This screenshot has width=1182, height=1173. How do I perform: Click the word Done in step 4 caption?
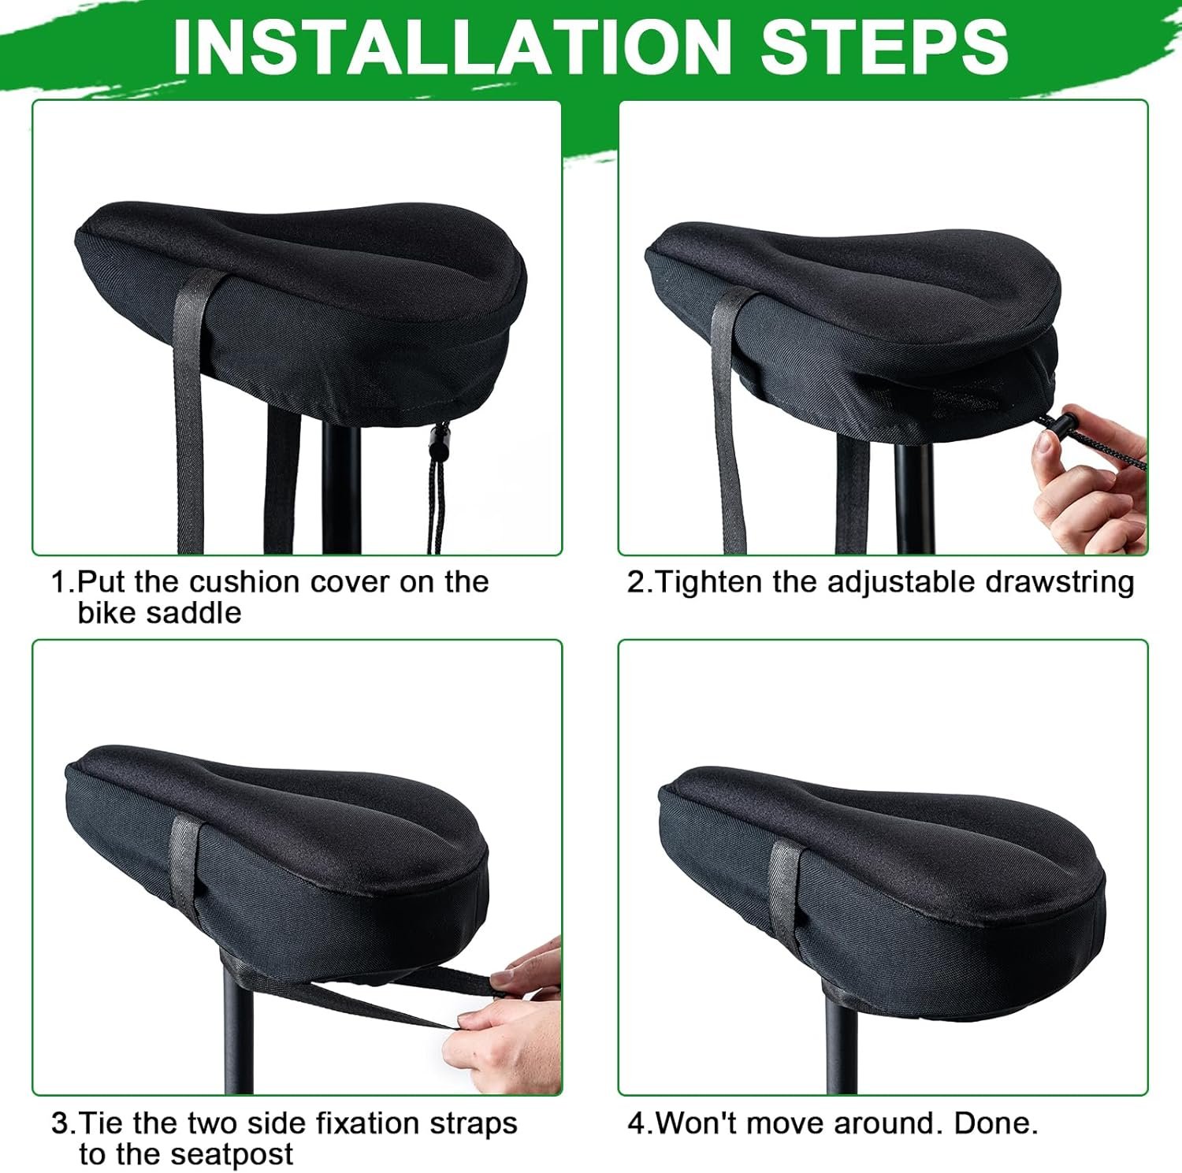point(996,1123)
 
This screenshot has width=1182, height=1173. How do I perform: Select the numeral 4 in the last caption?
point(637,1123)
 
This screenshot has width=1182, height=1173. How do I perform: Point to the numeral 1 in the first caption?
point(58,583)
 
